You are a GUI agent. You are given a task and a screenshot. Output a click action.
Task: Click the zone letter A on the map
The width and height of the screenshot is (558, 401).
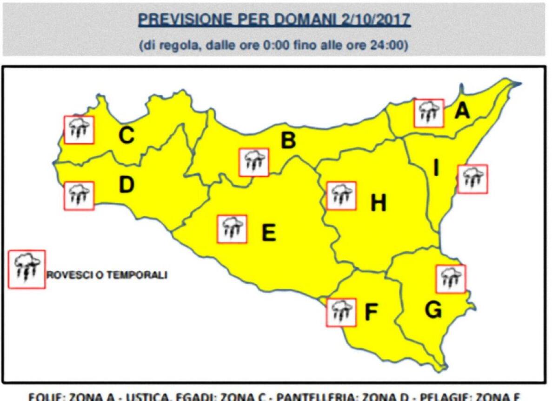tap(462, 111)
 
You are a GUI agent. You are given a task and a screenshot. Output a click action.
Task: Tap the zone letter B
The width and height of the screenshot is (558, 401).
tap(288, 140)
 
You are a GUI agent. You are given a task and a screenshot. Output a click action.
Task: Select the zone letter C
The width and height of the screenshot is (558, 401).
tap(126, 135)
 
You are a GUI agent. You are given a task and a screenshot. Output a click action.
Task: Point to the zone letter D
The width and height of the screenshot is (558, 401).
tap(126, 185)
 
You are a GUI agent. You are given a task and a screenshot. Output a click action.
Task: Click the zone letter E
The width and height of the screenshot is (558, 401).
tap(268, 233)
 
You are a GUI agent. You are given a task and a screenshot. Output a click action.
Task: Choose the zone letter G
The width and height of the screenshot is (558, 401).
tap(433, 310)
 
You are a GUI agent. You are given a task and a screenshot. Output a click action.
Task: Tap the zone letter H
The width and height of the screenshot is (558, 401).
tap(378, 203)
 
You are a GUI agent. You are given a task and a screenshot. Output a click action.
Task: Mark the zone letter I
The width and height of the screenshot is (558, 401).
tap(436, 168)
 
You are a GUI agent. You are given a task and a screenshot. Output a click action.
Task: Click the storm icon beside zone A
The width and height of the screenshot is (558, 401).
tap(429, 113)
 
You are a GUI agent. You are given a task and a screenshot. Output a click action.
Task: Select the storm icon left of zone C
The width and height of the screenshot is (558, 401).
tap(79, 130)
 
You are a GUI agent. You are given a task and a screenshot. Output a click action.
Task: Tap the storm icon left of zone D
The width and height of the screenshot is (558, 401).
tap(79, 196)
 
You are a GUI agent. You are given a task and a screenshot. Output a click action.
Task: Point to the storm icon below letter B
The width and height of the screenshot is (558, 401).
tap(254, 162)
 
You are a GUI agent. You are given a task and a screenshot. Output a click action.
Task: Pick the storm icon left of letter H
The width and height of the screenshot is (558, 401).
tap(342, 196)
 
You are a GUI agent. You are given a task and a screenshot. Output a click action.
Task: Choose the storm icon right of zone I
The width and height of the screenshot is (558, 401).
tap(472, 179)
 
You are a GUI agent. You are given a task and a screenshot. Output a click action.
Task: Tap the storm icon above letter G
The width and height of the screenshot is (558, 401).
tap(451, 279)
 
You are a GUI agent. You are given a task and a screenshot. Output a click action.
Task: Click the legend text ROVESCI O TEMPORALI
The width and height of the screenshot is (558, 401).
tap(107, 275)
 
